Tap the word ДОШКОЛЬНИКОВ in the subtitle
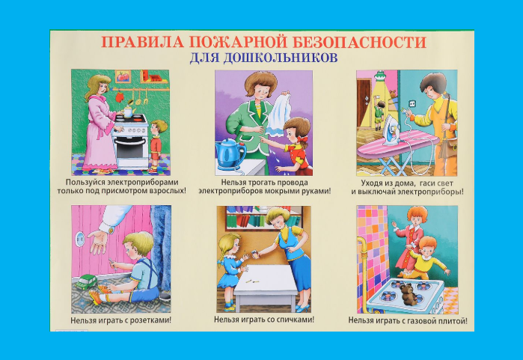[x=281, y=58]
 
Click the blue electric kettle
[x=230, y=154]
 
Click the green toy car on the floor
[x=86, y=282]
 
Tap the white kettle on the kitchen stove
[x=128, y=111]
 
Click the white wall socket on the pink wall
[x=80, y=239]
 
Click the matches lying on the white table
[x=252, y=281]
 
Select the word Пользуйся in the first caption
[x=86, y=183]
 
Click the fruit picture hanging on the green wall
[x=123, y=76]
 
